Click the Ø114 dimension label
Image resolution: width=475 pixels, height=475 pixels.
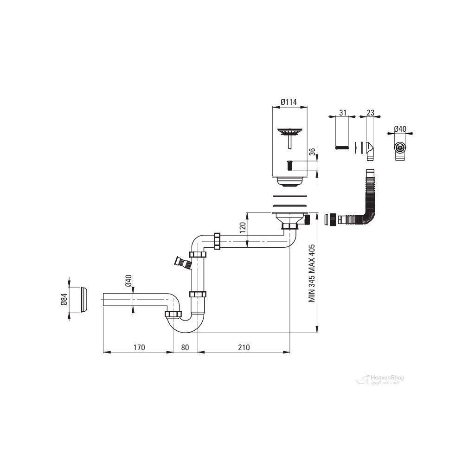289,103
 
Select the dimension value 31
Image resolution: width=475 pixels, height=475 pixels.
344,112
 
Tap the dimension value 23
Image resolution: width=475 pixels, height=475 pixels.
370,112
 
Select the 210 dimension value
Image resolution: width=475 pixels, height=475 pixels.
243,347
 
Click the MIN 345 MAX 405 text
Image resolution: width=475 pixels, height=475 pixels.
312,273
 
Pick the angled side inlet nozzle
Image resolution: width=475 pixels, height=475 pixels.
182,262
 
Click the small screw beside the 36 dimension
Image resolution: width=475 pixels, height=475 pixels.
289,165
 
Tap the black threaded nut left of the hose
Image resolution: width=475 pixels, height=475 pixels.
331,218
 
